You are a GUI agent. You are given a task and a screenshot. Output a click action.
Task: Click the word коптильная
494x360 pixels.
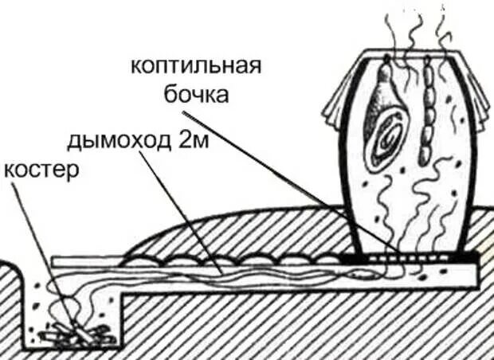(196, 65)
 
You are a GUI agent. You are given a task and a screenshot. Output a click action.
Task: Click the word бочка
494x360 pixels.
(196, 95)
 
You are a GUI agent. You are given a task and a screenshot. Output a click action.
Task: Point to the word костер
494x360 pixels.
(41, 170)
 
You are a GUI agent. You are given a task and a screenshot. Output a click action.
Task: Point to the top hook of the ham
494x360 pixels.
(384, 60)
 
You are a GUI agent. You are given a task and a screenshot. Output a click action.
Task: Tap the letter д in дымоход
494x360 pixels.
(74, 143)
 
